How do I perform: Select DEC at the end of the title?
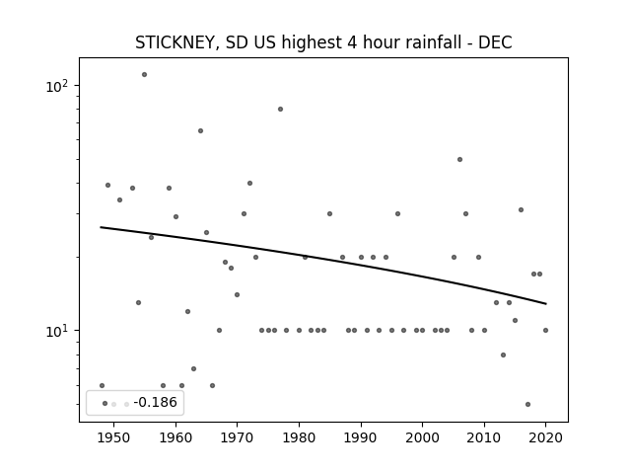(495, 42)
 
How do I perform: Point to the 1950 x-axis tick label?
(114, 438)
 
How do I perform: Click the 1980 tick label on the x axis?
(299, 438)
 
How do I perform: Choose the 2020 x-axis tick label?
(545, 438)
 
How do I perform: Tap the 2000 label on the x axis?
(423, 438)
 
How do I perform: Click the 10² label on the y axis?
(57, 86)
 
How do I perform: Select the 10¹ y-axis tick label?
(57, 331)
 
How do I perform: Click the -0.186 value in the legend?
(156, 402)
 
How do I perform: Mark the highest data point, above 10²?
(145, 75)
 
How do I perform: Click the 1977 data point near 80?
(280, 110)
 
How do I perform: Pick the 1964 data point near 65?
(200, 131)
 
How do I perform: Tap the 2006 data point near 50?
(460, 160)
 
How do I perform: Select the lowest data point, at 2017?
(528, 404)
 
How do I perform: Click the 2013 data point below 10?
(504, 355)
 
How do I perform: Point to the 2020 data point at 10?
(545, 331)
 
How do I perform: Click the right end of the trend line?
(546, 303)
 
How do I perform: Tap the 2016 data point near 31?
(522, 210)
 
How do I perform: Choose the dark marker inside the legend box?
(105, 404)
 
